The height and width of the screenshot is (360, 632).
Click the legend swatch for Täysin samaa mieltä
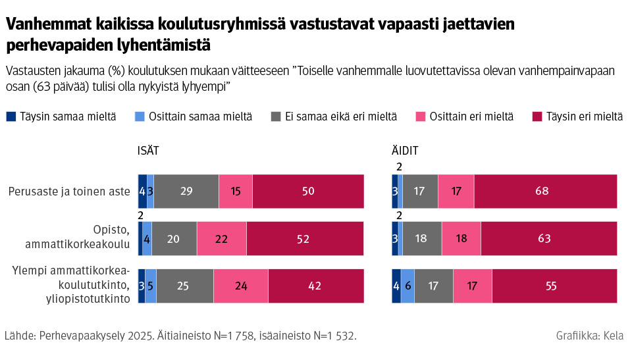[11, 116]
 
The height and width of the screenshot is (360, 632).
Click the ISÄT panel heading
[148, 151]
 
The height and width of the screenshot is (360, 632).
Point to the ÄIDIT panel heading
[405, 151]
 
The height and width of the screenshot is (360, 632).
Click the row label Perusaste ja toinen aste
[69, 192]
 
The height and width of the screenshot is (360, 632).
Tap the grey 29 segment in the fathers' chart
[186, 192]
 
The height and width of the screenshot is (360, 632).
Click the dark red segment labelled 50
[308, 192]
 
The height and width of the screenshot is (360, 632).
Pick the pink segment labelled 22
[221, 238]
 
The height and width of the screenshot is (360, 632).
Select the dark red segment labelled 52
[305, 238]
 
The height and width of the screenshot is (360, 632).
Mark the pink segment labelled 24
[241, 286]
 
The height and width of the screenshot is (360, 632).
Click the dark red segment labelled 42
[316, 286]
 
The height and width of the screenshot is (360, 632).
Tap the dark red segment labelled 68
[545, 192]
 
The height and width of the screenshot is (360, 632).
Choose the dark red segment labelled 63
[549, 238]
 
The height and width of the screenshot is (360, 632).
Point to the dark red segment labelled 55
[554, 286]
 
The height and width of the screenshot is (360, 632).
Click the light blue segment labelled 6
[408, 286]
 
